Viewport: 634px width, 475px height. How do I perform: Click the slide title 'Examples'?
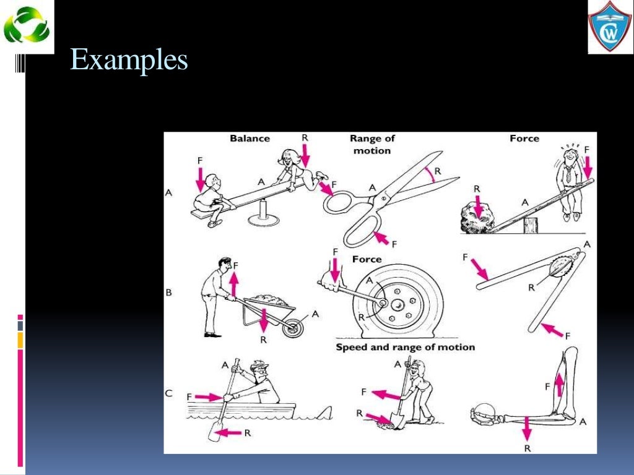click(129, 60)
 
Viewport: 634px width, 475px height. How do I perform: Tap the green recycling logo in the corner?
click(28, 27)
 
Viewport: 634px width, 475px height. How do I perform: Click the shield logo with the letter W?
click(610, 27)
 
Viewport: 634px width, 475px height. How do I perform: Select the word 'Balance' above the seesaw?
click(250, 139)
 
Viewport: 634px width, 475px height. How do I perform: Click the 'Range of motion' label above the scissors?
click(371, 145)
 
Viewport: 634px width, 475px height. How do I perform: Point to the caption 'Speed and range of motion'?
click(405, 347)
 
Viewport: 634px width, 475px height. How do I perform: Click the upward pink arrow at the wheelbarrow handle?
click(233, 285)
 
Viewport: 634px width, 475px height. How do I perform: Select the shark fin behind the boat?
click(324, 411)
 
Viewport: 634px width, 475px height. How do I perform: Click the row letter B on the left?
click(168, 293)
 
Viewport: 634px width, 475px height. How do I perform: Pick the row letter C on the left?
click(168, 393)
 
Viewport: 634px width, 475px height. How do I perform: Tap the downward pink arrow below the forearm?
click(527, 428)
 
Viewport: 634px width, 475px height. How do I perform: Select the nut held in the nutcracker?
click(560, 265)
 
